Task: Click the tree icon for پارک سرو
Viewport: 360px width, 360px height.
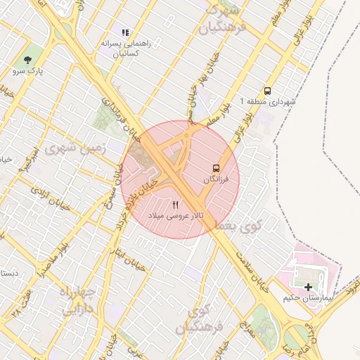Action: (27, 60)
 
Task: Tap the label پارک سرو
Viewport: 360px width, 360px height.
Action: (27, 72)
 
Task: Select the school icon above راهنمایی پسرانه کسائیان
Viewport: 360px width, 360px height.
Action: (125, 32)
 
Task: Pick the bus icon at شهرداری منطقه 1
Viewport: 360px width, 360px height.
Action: (267, 91)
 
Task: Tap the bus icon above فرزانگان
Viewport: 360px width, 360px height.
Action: (216, 168)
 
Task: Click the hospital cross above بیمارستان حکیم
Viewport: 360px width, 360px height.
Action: (308, 287)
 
